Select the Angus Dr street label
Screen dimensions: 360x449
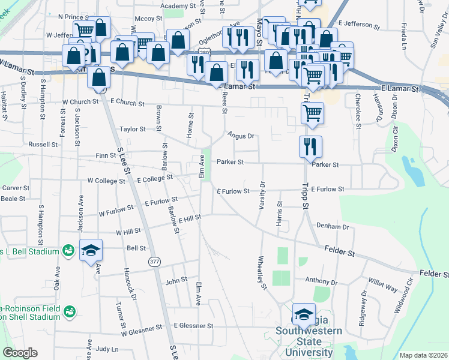click(241, 136)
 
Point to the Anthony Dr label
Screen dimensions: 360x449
click(322, 281)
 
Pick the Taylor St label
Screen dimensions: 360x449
click(132, 129)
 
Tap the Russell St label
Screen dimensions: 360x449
click(43, 145)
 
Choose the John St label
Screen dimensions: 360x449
click(176, 280)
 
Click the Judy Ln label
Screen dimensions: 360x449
click(107, 349)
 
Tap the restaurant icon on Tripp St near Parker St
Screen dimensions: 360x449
click(311, 147)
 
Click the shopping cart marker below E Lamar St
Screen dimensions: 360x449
click(312, 112)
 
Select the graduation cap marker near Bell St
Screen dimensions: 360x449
click(91, 250)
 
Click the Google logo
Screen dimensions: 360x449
click(20, 353)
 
